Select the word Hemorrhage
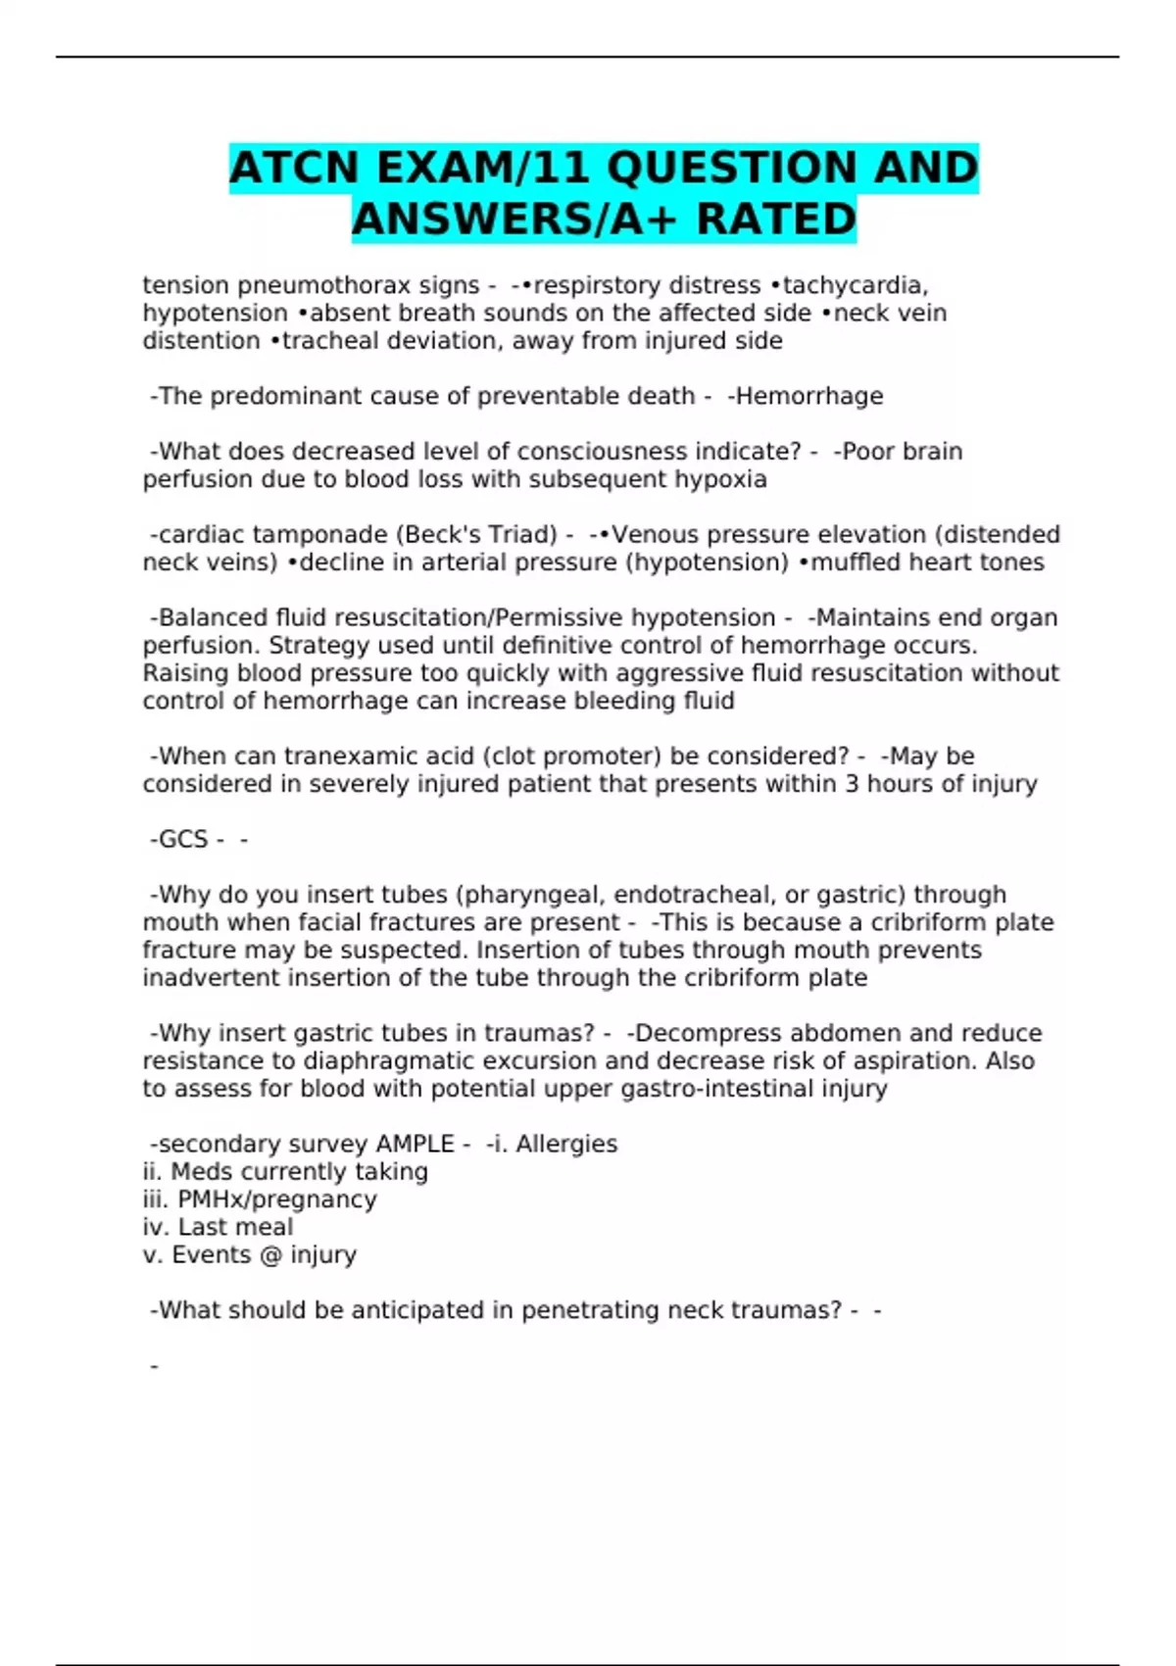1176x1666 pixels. click(x=808, y=396)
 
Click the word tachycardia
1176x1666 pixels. click(x=855, y=285)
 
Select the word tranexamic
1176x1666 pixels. click(x=344, y=757)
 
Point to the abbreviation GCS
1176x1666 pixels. click(x=182, y=840)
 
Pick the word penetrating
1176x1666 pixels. click(x=589, y=1310)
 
